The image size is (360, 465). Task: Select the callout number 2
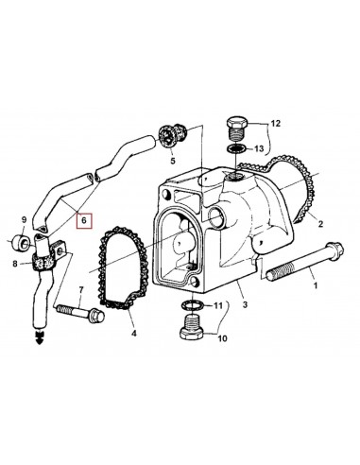(320, 225)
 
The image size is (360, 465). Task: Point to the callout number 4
(133, 334)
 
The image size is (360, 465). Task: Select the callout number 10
(223, 338)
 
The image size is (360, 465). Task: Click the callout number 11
(218, 306)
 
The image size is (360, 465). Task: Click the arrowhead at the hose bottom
(38, 337)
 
